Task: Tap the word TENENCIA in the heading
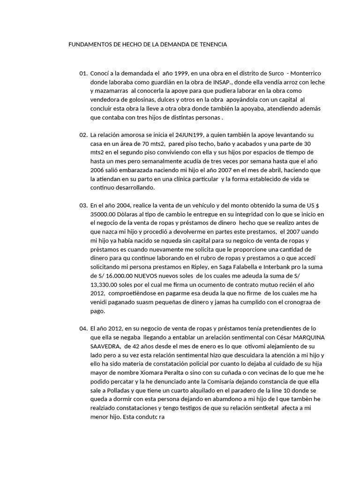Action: tap(212, 45)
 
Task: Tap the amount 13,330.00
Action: tap(106, 285)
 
